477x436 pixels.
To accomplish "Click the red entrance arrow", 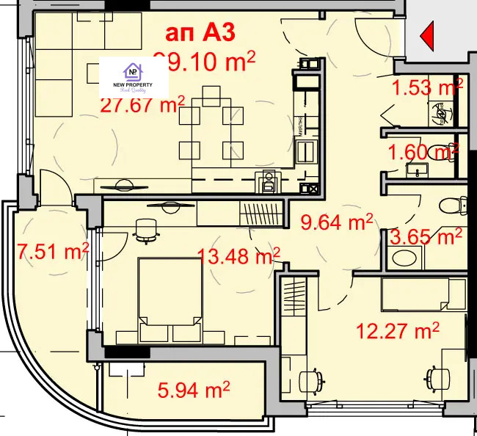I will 427,34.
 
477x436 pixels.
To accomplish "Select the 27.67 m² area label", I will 142,105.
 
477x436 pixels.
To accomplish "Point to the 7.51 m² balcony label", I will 51,252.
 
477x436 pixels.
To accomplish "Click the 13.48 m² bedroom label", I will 239,256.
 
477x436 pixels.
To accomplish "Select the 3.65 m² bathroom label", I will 426,237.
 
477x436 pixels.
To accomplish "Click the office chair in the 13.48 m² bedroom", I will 147,229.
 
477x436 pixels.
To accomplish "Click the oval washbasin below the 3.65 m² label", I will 403,258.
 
